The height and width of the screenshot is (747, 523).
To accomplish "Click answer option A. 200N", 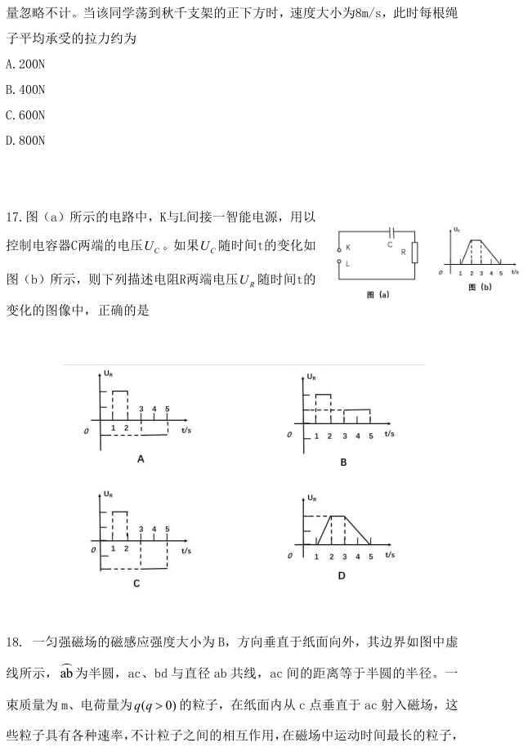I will tap(25, 63).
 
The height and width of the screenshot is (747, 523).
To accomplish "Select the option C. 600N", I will tap(25, 114).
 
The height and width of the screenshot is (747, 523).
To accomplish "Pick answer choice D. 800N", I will tap(25, 141).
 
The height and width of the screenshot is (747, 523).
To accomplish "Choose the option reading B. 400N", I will tap(25, 89).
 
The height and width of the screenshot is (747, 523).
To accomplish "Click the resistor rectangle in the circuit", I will tap(415, 252).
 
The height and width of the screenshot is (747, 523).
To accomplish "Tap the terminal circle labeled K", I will tap(339, 248).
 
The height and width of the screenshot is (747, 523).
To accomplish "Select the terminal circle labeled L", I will tap(339, 262).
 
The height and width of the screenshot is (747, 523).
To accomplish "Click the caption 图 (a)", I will tap(378, 294).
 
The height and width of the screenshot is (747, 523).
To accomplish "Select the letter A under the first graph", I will tap(141, 459).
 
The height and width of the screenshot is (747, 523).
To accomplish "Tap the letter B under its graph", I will tap(343, 463).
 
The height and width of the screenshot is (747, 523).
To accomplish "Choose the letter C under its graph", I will tap(136, 583).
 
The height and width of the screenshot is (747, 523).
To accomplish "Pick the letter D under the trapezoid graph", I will tap(341, 575).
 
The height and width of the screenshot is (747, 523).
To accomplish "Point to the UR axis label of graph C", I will tap(109, 494).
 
